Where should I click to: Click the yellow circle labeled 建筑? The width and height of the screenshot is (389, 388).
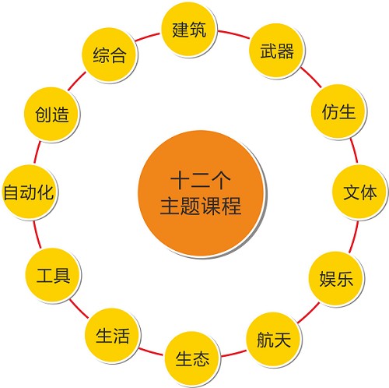(189, 29)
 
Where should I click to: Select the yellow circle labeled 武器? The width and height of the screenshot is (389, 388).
(277, 51)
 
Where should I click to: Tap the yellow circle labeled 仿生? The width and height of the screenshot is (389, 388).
(338, 111)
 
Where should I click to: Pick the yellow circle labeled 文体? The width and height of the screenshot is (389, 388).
(360, 192)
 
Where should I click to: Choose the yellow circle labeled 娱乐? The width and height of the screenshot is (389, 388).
(336, 278)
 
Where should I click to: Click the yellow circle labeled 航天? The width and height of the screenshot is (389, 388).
(274, 339)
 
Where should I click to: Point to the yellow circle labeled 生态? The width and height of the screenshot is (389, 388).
(192, 358)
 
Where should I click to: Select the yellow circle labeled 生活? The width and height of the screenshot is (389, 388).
(112, 336)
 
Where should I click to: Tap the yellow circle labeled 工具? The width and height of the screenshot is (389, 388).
(53, 275)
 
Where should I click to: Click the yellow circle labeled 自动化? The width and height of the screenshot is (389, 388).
(30, 192)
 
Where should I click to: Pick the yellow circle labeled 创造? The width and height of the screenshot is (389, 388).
(51, 115)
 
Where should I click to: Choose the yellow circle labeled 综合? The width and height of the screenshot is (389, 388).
(110, 55)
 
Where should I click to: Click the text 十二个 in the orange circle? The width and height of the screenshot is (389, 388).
(201, 180)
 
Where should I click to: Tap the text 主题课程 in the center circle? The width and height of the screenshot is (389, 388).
(201, 206)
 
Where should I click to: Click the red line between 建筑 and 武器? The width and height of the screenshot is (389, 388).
(233, 34)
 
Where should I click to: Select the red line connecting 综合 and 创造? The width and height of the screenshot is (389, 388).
(77, 81)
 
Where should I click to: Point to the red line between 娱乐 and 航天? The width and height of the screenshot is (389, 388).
(308, 312)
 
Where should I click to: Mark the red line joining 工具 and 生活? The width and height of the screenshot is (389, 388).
(79, 309)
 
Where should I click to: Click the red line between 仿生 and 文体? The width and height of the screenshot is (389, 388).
(354, 151)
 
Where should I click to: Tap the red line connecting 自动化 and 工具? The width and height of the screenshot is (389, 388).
(37, 235)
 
